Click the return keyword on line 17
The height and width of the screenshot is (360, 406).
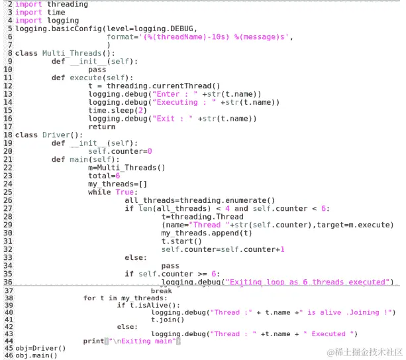(101, 126)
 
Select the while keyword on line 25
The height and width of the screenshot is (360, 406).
(99, 192)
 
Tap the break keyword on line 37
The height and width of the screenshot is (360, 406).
(162, 290)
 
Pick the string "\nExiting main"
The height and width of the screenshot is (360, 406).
(142, 341)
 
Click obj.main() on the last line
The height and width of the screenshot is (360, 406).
(37, 355)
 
